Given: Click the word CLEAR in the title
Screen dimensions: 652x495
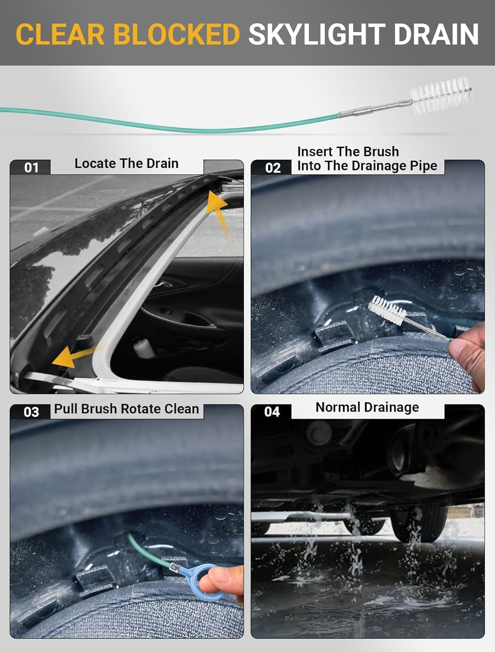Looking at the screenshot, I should pos(59,34).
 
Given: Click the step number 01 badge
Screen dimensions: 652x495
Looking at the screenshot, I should pos(31,167).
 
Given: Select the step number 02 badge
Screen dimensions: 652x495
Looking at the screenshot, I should pos(272,168).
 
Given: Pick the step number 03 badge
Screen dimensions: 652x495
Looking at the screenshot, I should pos(31,412).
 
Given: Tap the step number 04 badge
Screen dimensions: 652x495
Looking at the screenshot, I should pos(272,412).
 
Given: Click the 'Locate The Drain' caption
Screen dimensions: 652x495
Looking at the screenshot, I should pos(126,163).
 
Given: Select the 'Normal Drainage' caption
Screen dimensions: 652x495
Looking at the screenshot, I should pos(367,407).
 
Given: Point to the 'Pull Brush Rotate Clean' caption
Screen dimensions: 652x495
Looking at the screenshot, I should pos(126,409).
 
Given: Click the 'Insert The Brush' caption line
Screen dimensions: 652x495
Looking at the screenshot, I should pos(348,152).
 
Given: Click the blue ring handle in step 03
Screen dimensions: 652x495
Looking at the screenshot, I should pos(204,580).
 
